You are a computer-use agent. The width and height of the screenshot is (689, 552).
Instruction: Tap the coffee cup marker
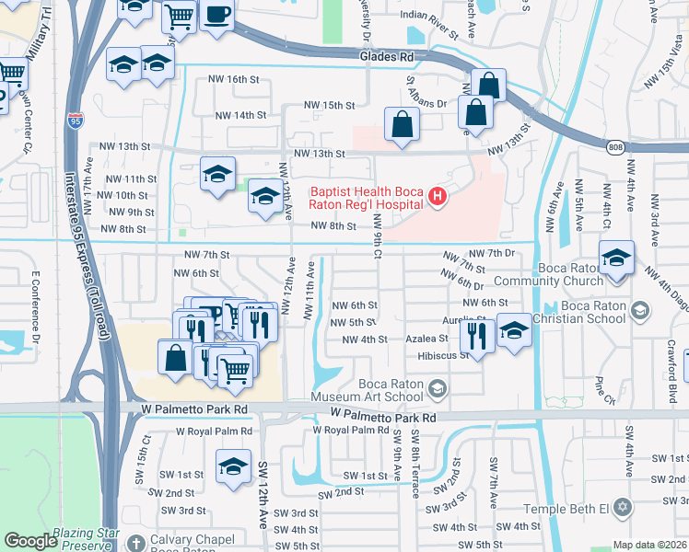pyautogui.click(x=216, y=16)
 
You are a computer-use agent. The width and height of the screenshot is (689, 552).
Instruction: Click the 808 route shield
pyautogui.click(x=615, y=146)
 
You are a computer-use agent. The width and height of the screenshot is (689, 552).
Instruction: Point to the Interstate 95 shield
pyautogui.click(x=75, y=121)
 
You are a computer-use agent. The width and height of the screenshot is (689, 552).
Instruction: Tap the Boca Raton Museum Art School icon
pyautogui.click(x=438, y=390)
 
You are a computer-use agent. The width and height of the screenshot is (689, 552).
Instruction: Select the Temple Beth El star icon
pyautogui.click(x=623, y=508)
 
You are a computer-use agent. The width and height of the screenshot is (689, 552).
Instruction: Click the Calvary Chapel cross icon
pyautogui.click(x=136, y=543)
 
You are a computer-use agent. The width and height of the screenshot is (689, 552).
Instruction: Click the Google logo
pyautogui.click(x=30, y=541)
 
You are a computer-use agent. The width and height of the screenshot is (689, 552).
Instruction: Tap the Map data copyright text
pyautogui.click(x=649, y=545)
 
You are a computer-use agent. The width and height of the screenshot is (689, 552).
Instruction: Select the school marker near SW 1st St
pyautogui.click(x=234, y=466)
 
